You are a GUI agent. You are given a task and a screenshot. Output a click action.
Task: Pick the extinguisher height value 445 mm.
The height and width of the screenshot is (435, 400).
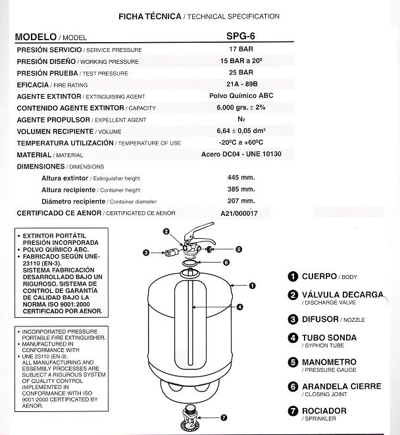[241, 178]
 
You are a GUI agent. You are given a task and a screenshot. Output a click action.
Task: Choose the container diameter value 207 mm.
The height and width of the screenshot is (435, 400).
[241, 201]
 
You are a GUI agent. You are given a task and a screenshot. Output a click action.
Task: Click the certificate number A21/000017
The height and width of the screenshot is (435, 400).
[240, 213]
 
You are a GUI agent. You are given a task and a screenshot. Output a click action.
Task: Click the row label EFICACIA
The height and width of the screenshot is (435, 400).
[39, 85]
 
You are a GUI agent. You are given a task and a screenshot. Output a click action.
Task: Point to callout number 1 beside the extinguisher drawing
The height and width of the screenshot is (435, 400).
[252, 286]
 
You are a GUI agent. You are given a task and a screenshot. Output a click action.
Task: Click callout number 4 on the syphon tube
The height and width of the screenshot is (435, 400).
[239, 307]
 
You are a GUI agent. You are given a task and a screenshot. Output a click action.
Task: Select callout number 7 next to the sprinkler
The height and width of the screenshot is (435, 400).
[224, 417]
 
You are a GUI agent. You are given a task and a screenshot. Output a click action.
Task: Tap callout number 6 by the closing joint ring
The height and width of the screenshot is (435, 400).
[226, 262]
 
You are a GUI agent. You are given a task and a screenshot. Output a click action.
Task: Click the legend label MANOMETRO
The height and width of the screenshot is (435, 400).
[329, 362]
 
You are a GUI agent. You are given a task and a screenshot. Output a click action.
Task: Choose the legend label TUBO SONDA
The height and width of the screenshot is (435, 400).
[329, 338]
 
